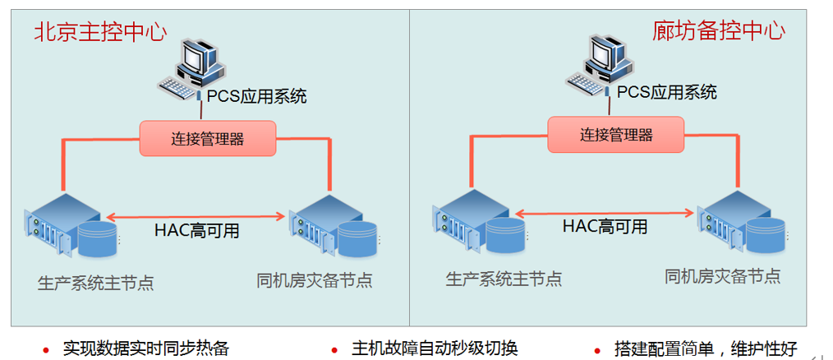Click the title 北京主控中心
(x=100, y=32)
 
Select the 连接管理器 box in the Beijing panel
(x=207, y=138)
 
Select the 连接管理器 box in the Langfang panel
(x=616, y=134)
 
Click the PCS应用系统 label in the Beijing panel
(x=256, y=96)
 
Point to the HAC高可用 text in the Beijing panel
(x=197, y=231)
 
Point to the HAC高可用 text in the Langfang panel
(x=605, y=226)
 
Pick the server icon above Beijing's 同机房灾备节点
(x=335, y=225)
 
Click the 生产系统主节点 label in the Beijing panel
(x=95, y=284)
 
